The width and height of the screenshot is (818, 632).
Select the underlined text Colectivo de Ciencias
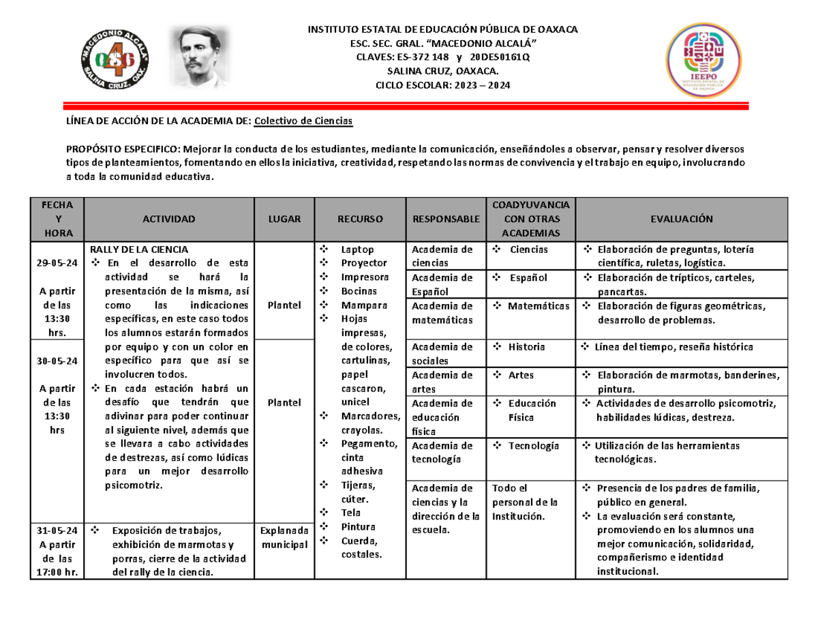(x=303, y=121)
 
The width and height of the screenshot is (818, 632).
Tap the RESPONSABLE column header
(x=445, y=219)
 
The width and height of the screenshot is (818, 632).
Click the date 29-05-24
(x=57, y=262)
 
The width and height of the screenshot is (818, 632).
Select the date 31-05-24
(x=57, y=530)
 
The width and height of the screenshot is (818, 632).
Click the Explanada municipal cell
(x=284, y=537)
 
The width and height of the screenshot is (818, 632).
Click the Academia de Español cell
(x=442, y=284)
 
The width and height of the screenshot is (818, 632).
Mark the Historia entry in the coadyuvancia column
(x=526, y=347)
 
